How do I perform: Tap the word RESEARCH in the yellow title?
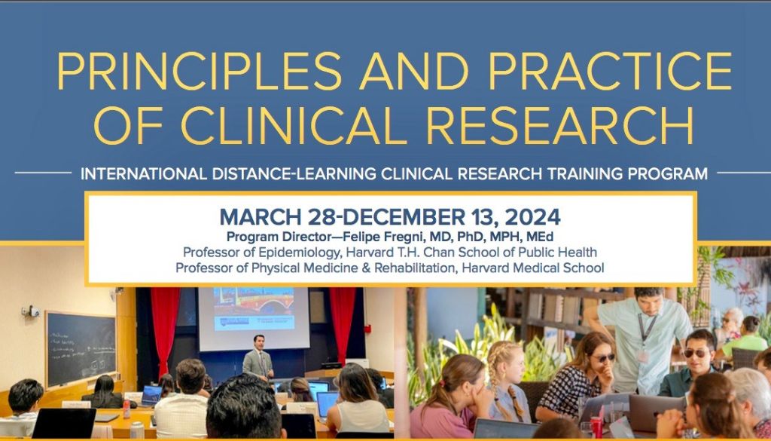point(560,125)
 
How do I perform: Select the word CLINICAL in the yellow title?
point(296,125)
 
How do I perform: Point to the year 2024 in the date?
point(532,217)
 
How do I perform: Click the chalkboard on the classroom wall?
point(81,348)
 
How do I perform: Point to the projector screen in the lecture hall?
point(254,319)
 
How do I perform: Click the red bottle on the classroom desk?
point(126,409)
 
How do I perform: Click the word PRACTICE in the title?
point(610,71)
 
